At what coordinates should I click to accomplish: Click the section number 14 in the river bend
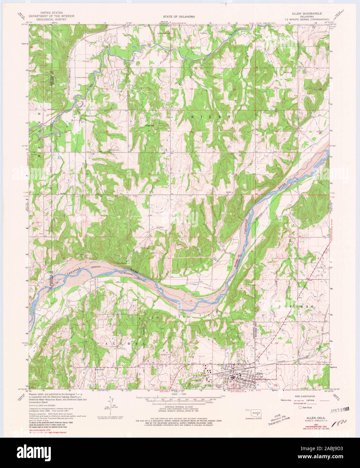[191, 300]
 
